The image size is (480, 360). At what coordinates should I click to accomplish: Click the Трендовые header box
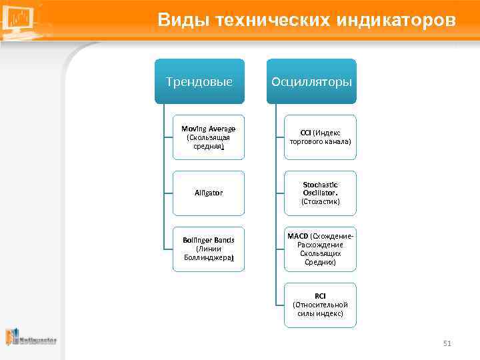click(199, 81)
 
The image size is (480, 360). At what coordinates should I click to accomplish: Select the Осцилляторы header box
click(311, 81)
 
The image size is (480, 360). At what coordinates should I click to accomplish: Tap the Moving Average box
click(209, 137)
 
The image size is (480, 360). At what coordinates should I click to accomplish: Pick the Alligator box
click(209, 193)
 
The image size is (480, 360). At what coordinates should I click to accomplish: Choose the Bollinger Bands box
click(209, 249)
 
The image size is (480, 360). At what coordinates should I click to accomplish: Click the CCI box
click(320, 137)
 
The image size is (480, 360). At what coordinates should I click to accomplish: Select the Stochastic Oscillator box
click(320, 193)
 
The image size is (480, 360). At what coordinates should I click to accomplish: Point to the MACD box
click(320, 249)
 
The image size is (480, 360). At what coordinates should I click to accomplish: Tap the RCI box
click(320, 305)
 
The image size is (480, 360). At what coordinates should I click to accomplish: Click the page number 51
click(447, 343)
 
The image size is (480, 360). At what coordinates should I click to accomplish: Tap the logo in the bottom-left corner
click(31, 338)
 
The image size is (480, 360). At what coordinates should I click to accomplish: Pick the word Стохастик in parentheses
click(320, 201)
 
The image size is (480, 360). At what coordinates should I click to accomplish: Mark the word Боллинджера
click(208, 257)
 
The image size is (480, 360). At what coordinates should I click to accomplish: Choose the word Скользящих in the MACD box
click(320, 253)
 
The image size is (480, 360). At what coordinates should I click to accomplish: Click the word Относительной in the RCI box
click(320, 305)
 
